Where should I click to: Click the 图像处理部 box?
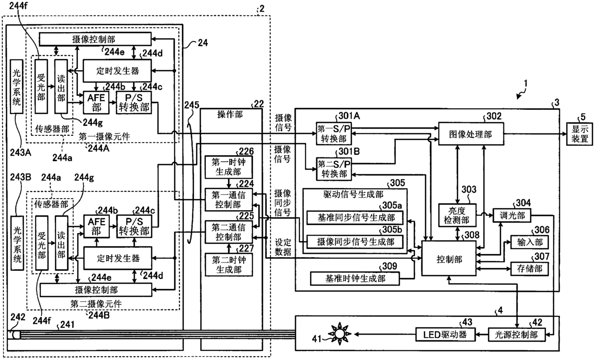coord(471,133)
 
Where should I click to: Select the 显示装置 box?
coord(579,134)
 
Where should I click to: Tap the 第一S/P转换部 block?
coord(333,133)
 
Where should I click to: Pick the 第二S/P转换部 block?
coord(333,169)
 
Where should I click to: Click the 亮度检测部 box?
coord(457,216)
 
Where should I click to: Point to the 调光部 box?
coord(512,216)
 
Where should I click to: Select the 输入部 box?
coord(529,242)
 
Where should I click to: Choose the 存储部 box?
coord(529,269)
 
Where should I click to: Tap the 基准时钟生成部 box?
coord(355,278)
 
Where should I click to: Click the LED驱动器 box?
coord(445,335)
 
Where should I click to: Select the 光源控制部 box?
coord(516,335)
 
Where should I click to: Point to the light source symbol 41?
coord(339,334)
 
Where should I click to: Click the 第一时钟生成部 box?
coord(228,167)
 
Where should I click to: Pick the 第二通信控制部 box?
coord(228,232)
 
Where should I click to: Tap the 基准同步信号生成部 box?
coord(355,217)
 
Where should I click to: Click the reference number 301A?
coord(349,116)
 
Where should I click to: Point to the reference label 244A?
coord(98,148)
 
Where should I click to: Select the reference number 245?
coord(192,105)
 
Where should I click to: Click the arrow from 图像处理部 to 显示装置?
coord(535,134)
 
